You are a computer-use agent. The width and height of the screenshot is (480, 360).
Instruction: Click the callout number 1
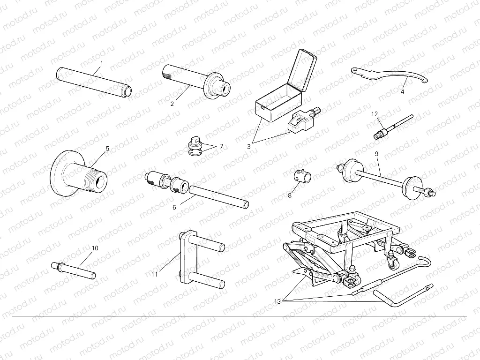click(101, 63)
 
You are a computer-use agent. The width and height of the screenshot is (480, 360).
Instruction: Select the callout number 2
click(172, 104)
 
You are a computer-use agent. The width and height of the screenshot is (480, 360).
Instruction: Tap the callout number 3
click(249, 146)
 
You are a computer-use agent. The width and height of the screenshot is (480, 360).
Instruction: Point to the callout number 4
click(402, 91)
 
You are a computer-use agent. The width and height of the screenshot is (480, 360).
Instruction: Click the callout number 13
click(278, 301)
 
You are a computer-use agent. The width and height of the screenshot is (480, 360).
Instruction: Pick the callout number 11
click(155, 274)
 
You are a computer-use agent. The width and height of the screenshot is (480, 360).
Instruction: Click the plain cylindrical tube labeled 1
click(94, 81)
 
